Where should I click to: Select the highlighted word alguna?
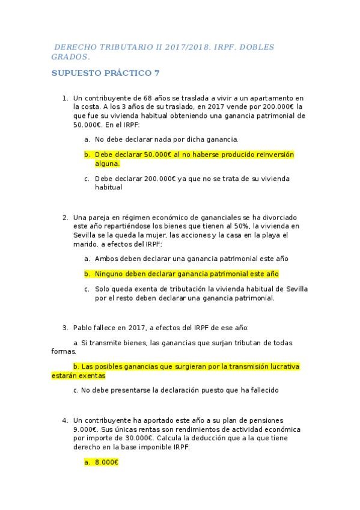107,164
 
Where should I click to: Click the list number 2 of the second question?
65,217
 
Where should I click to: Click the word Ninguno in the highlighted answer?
109,274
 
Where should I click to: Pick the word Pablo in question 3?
84,328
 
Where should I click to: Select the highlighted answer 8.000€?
106,462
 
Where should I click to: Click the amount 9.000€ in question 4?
85,429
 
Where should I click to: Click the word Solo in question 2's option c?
103,289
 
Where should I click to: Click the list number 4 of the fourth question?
65,420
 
